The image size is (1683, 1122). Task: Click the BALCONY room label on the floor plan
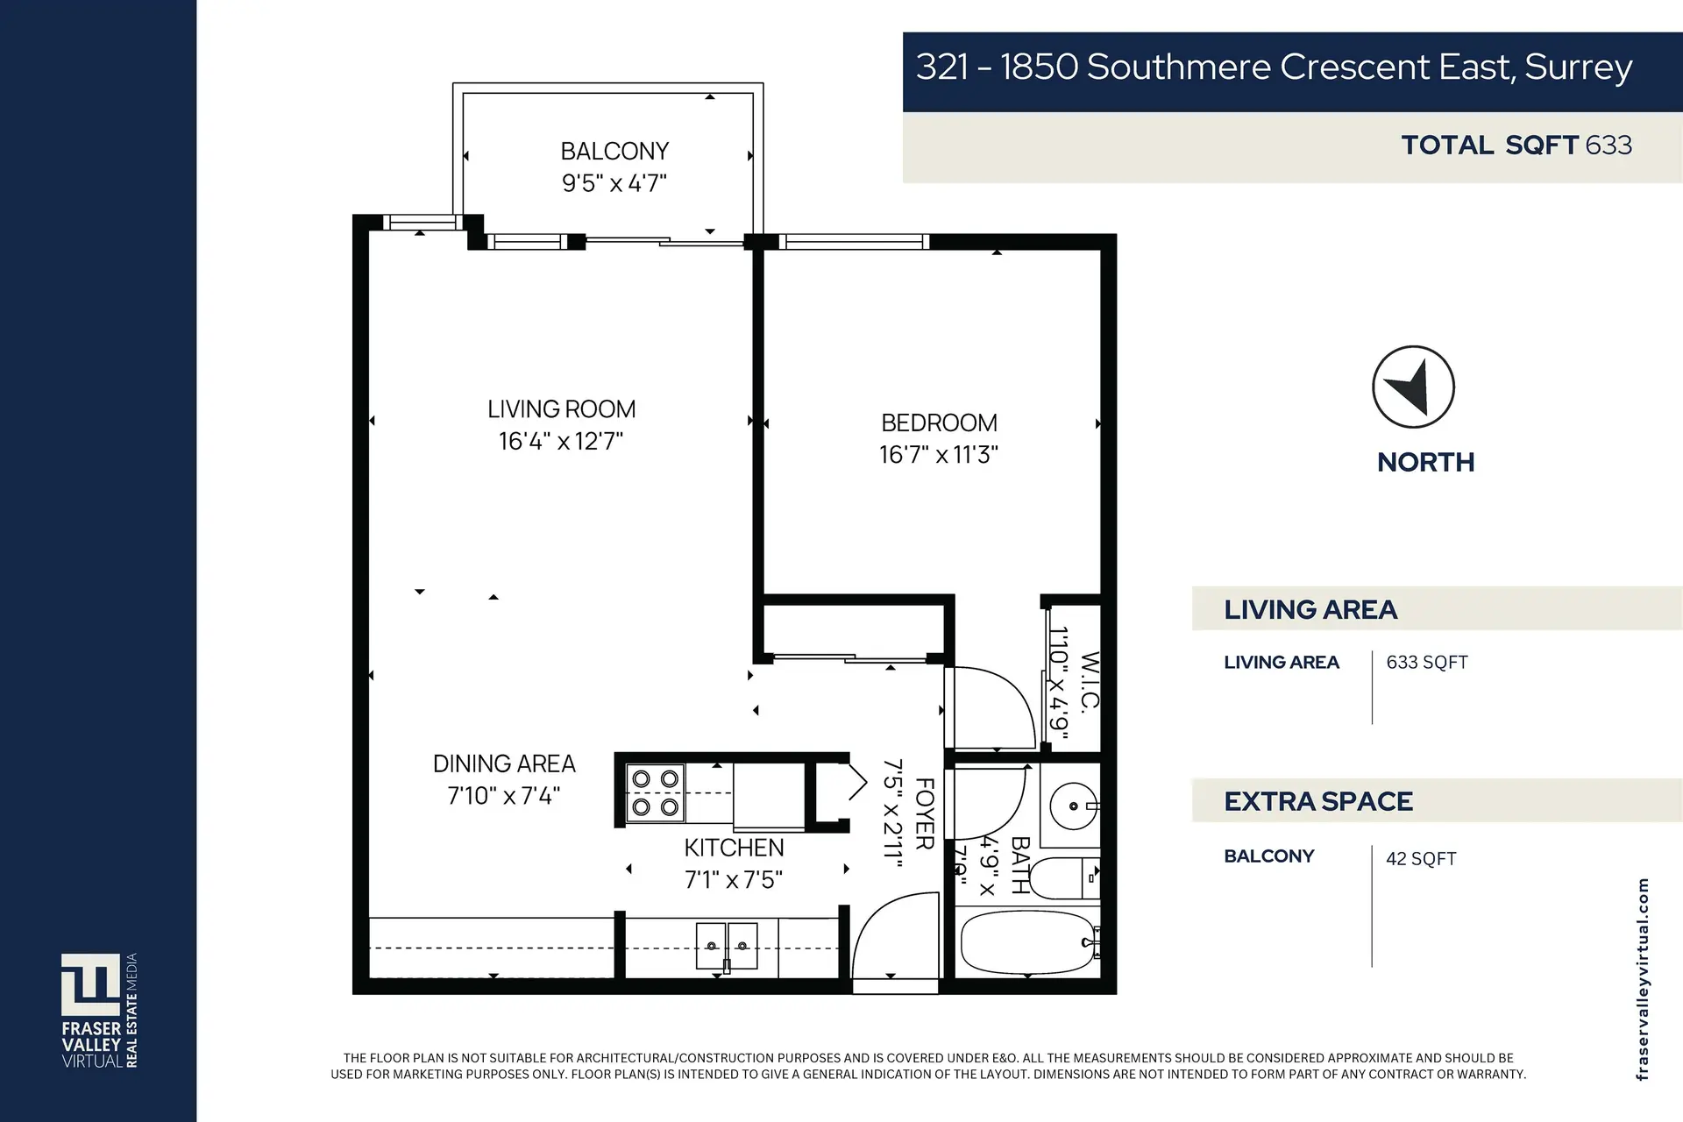[x=614, y=152]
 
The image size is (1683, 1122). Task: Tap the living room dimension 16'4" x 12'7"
[x=561, y=441]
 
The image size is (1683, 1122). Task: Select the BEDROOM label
[x=939, y=423]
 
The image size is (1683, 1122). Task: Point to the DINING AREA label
[x=504, y=763]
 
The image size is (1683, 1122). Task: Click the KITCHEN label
[x=734, y=848]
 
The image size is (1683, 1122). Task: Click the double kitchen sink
[x=727, y=946]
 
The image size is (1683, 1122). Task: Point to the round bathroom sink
[x=1073, y=805]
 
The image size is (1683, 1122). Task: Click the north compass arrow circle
[x=1412, y=387]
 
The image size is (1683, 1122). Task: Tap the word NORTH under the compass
[x=1425, y=462]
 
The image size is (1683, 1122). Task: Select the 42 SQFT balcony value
[x=1421, y=859]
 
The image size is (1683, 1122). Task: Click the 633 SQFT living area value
[x=1426, y=663]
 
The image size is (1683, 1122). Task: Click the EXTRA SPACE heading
[x=1317, y=801]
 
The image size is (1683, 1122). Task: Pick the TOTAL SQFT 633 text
[x=1516, y=146]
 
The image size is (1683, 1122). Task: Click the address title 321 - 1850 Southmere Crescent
[x=1274, y=67]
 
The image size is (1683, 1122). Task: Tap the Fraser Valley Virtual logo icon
[x=90, y=984]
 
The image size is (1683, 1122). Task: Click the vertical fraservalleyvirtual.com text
[x=1642, y=979]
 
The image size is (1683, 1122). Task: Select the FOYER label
[x=925, y=813]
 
